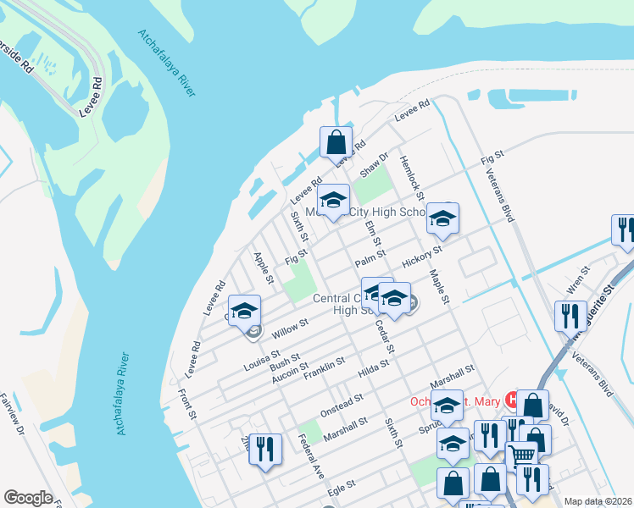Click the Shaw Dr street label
(373, 165)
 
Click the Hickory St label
(422, 257)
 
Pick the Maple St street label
(438, 288)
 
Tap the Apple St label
(264, 268)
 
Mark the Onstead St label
(341, 404)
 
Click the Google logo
(28, 498)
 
